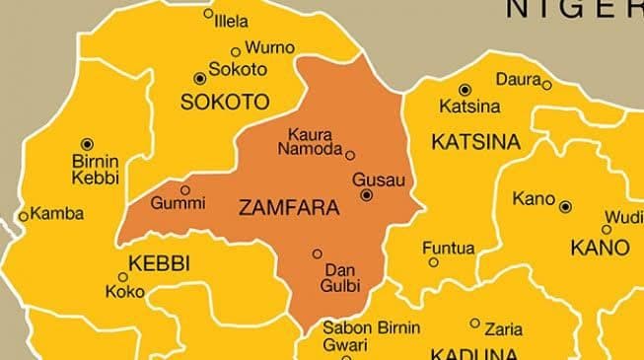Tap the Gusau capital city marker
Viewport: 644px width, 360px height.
[x=367, y=195]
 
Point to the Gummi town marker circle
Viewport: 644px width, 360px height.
[x=184, y=189]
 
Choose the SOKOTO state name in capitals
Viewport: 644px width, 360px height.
[x=225, y=102]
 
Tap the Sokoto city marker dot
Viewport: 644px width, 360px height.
[x=200, y=77]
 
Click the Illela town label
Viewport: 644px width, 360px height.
[x=232, y=21]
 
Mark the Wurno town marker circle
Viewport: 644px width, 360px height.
[x=235, y=52]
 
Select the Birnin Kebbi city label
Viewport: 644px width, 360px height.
[x=96, y=170]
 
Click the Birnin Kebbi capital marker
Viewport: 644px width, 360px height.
[x=87, y=144]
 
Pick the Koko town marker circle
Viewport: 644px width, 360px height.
[x=109, y=278]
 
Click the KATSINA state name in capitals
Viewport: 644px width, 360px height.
[x=475, y=142]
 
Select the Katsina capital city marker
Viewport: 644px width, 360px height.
[x=465, y=90]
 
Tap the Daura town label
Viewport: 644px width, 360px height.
[x=518, y=79]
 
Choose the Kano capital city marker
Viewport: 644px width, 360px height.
[x=565, y=206]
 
